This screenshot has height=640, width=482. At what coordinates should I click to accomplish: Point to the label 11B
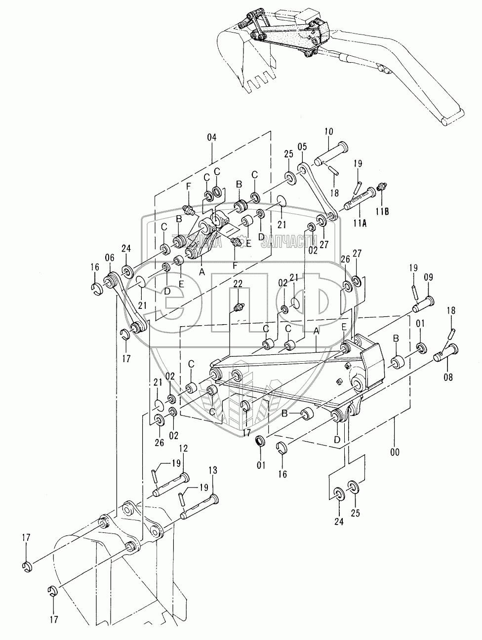pos(383,212)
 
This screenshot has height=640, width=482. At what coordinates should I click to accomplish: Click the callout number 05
pos(302,147)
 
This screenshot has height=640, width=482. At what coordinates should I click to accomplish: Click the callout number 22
pos(238,284)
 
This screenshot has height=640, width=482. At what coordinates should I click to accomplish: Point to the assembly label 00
pos(395,451)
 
